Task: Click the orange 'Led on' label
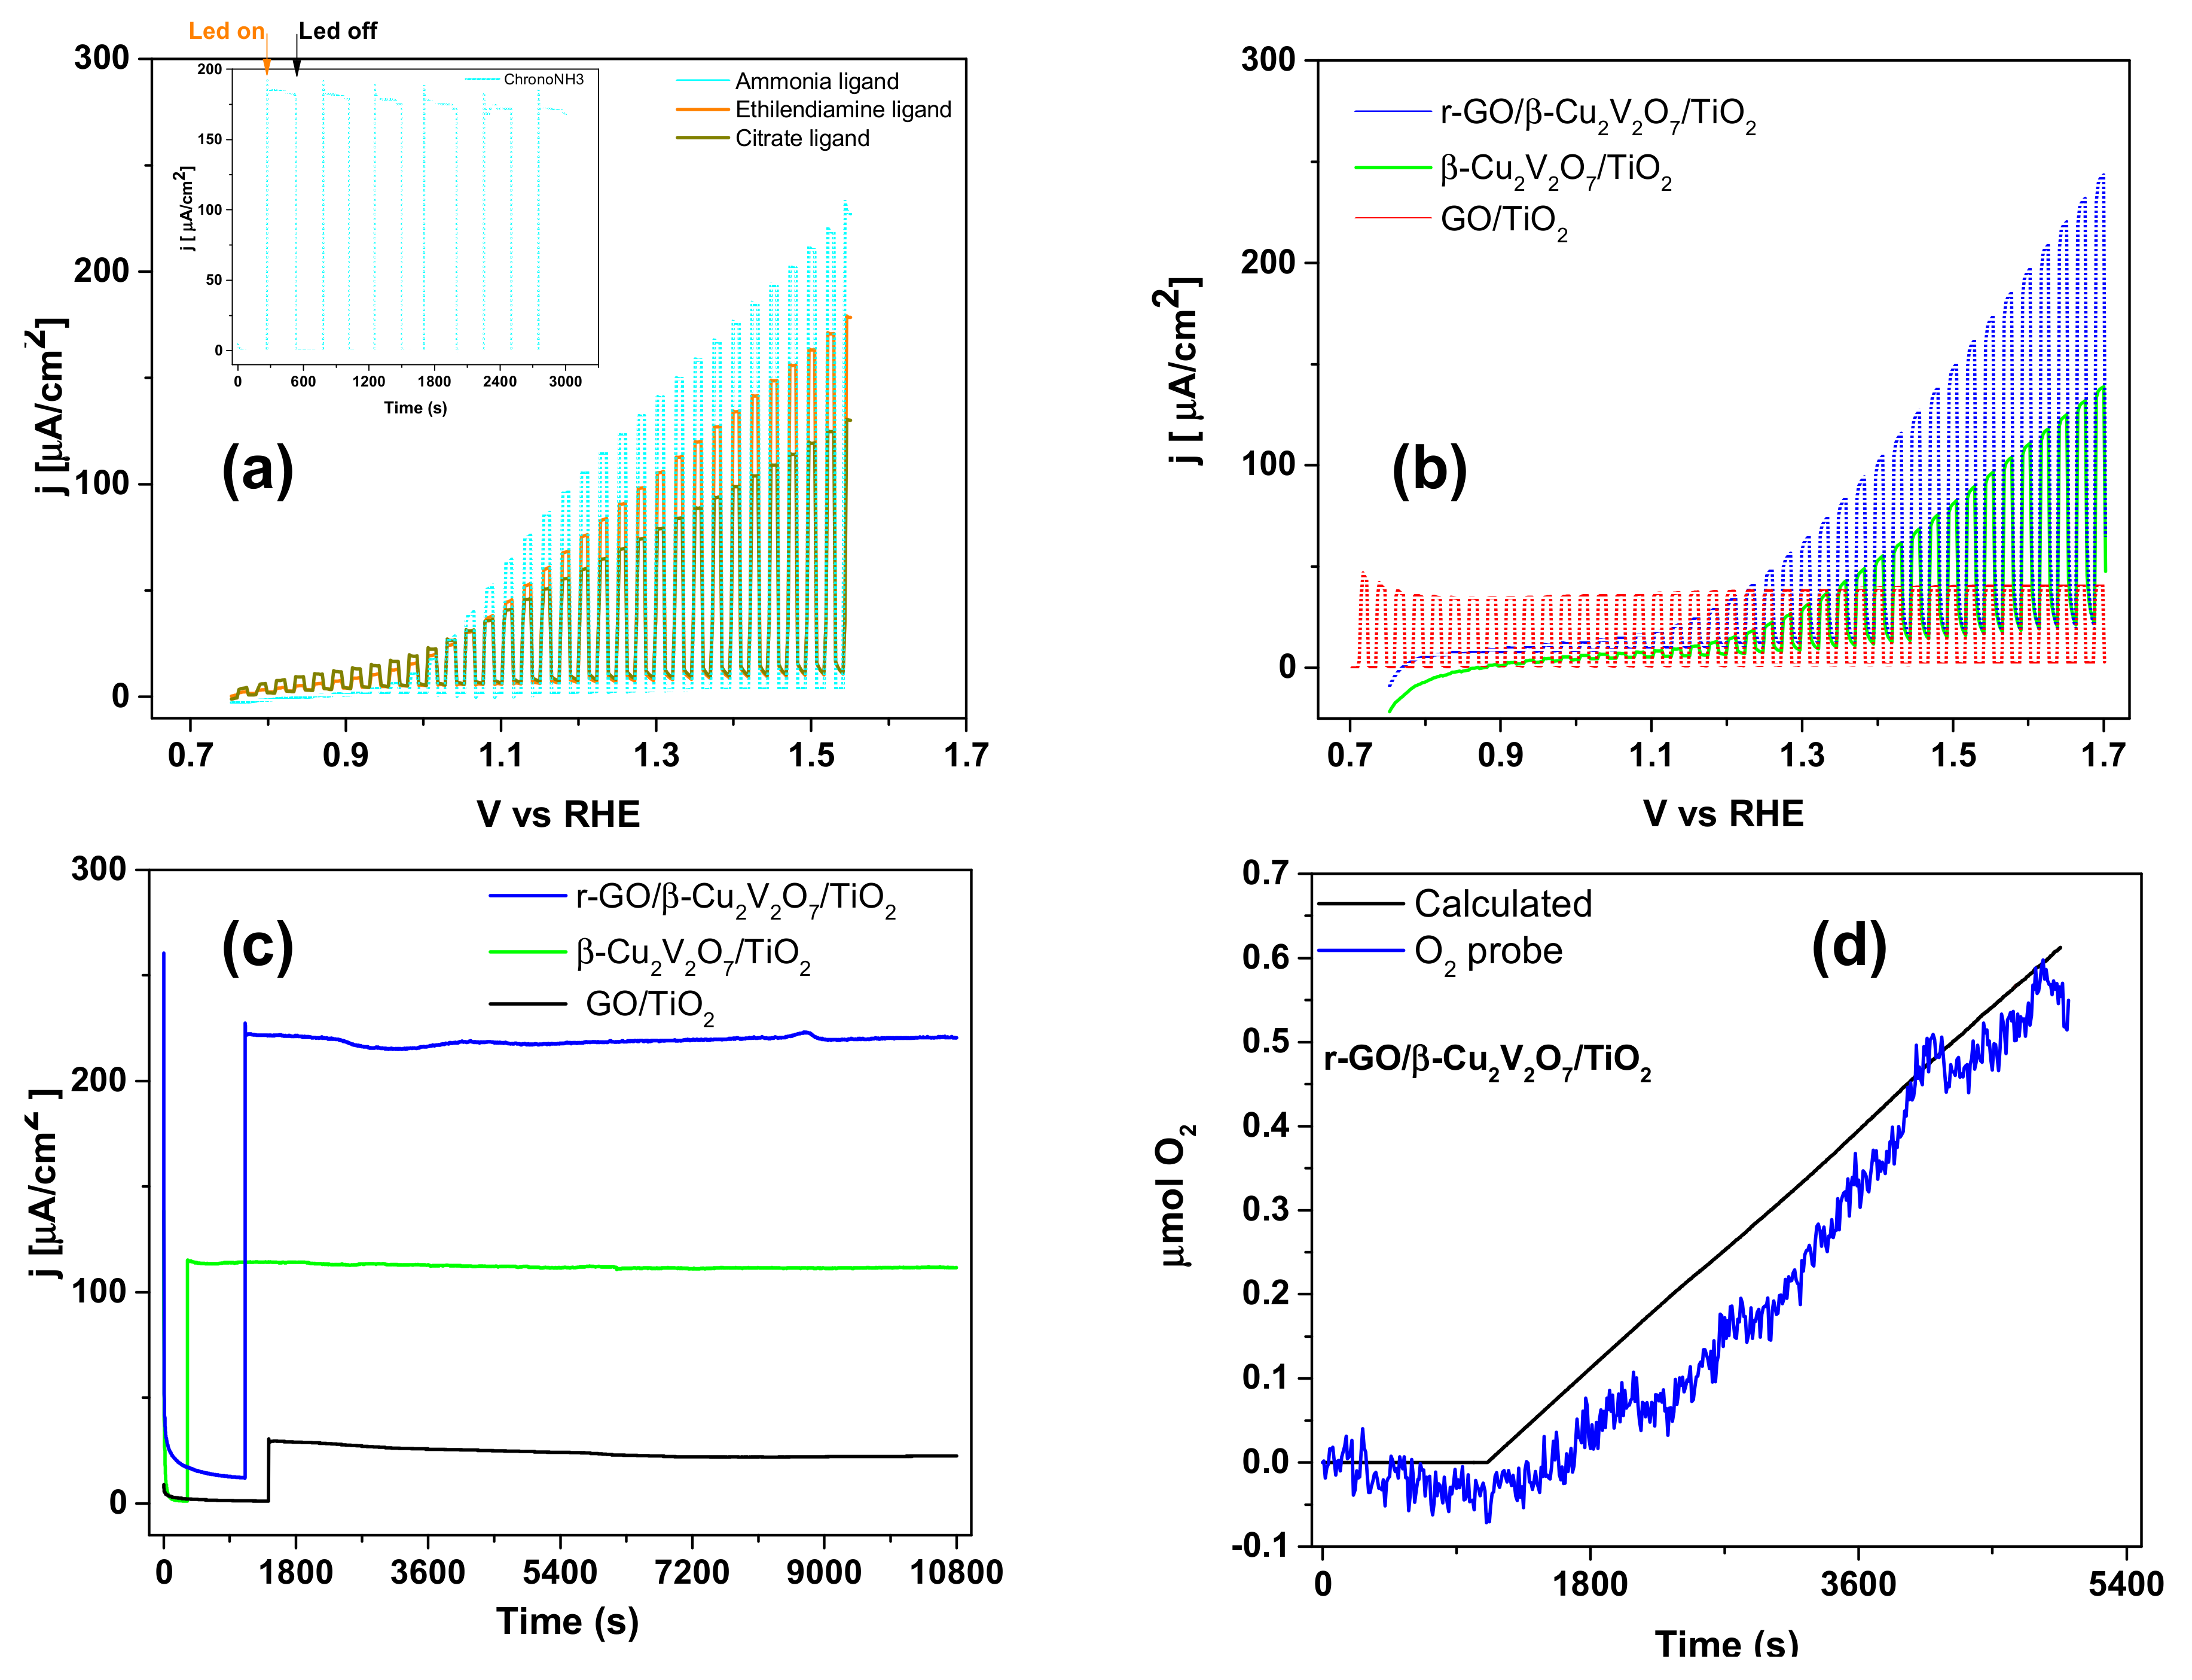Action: click(x=226, y=31)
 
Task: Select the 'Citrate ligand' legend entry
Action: click(x=802, y=138)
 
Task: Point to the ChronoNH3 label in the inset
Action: click(x=543, y=79)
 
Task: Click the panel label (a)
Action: click(x=257, y=469)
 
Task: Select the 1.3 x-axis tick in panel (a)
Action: click(x=656, y=755)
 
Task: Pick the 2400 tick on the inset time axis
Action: click(x=500, y=381)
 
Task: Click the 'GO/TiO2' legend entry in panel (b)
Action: click(x=1503, y=221)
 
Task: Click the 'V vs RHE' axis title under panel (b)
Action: click(x=1723, y=813)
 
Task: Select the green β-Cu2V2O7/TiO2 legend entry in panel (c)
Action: click(x=692, y=954)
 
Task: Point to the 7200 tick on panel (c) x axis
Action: click(x=692, y=1572)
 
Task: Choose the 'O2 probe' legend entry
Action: click(x=1487, y=951)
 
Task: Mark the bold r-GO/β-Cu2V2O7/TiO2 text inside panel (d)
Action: click(x=1487, y=1060)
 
